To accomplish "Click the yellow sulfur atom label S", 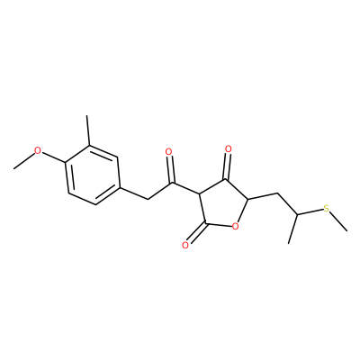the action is (327, 208).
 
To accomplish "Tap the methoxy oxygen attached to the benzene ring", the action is (38, 150).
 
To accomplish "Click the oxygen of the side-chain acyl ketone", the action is (169, 152).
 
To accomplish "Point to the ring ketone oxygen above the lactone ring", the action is (229, 148).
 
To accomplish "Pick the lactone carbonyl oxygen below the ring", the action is (185, 246).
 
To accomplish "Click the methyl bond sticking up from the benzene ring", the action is (88, 130).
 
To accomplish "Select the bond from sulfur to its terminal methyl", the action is (338, 221).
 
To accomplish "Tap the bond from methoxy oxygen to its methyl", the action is (23, 161).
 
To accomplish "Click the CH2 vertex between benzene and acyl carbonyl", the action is (148, 199).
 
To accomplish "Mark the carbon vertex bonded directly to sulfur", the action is (297, 214).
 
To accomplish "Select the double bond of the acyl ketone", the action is (170, 169).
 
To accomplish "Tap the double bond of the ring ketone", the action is (227, 166).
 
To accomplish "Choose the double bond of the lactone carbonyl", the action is (196, 233).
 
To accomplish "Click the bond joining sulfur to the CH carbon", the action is (310, 211).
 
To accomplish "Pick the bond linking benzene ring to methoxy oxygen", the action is (54, 157).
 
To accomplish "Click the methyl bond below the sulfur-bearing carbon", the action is (292, 229).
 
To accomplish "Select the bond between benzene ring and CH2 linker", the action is (134, 193).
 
